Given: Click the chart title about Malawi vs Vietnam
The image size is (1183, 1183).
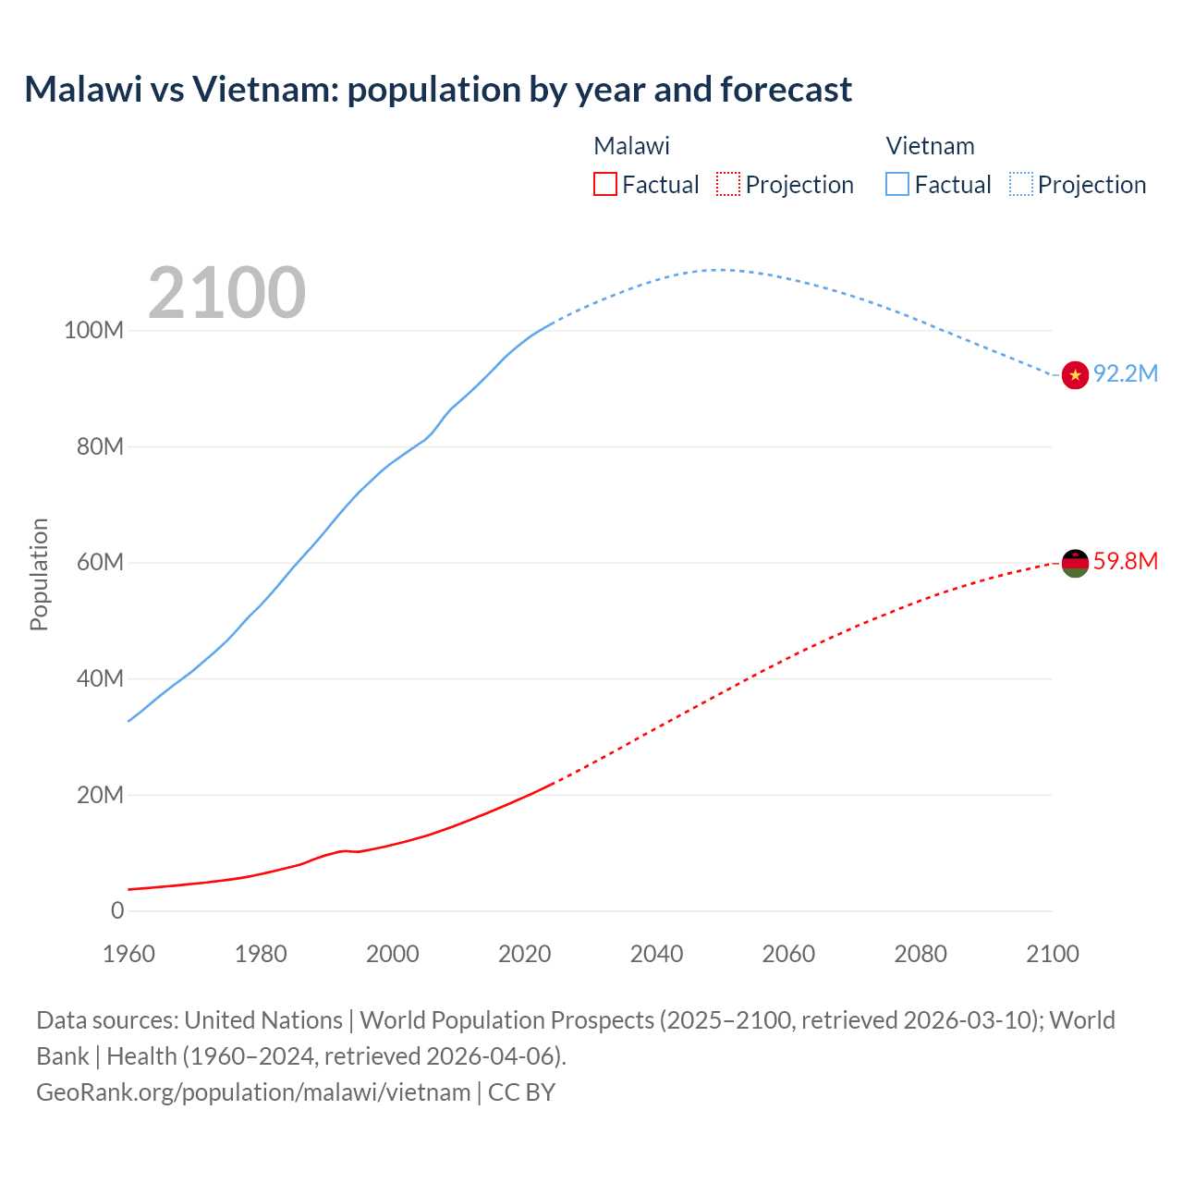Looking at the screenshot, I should (438, 90).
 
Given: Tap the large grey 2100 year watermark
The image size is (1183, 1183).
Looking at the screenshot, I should (226, 293).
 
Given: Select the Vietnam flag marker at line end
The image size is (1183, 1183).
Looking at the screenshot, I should (1075, 375).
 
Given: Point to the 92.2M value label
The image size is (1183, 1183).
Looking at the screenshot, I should (1125, 373).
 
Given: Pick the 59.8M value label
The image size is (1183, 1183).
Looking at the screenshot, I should (1125, 561).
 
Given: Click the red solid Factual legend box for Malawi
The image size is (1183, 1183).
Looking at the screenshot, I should (605, 185).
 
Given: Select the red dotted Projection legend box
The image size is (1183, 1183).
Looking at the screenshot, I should (728, 185).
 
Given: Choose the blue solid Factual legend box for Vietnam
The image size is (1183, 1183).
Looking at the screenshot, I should (897, 185).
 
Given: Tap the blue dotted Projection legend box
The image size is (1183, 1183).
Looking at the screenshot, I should (1020, 185).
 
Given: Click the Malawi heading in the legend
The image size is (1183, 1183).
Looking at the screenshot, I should (631, 146).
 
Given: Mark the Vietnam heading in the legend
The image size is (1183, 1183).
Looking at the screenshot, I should (930, 146).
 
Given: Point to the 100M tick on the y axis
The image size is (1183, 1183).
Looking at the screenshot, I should (93, 331).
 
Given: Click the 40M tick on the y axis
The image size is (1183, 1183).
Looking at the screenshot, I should (100, 678).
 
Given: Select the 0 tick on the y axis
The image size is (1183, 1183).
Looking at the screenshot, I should (117, 910).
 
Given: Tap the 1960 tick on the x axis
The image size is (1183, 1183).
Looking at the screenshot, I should (128, 954).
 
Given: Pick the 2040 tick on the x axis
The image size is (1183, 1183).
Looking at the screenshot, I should (656, 954).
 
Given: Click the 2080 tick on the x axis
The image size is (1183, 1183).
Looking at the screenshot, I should (921, 954).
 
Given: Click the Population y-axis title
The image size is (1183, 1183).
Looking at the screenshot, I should (39, 574).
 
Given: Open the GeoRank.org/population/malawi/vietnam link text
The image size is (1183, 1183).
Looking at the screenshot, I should (253, 1092).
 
